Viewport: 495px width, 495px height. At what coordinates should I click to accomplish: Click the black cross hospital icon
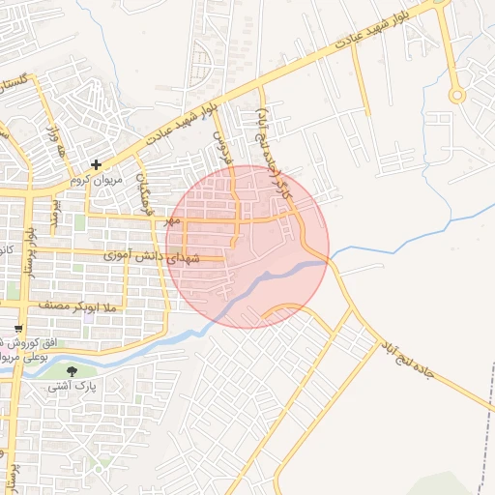tap(96, 165)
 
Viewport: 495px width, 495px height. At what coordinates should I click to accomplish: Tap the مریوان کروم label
tap(94, 181)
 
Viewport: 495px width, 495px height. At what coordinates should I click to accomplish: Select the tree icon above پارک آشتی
tap(71, 370)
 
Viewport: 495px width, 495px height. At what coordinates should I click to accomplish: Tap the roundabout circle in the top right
tap(456, 96)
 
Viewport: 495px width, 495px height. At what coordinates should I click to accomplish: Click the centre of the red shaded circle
tap(247, 247)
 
